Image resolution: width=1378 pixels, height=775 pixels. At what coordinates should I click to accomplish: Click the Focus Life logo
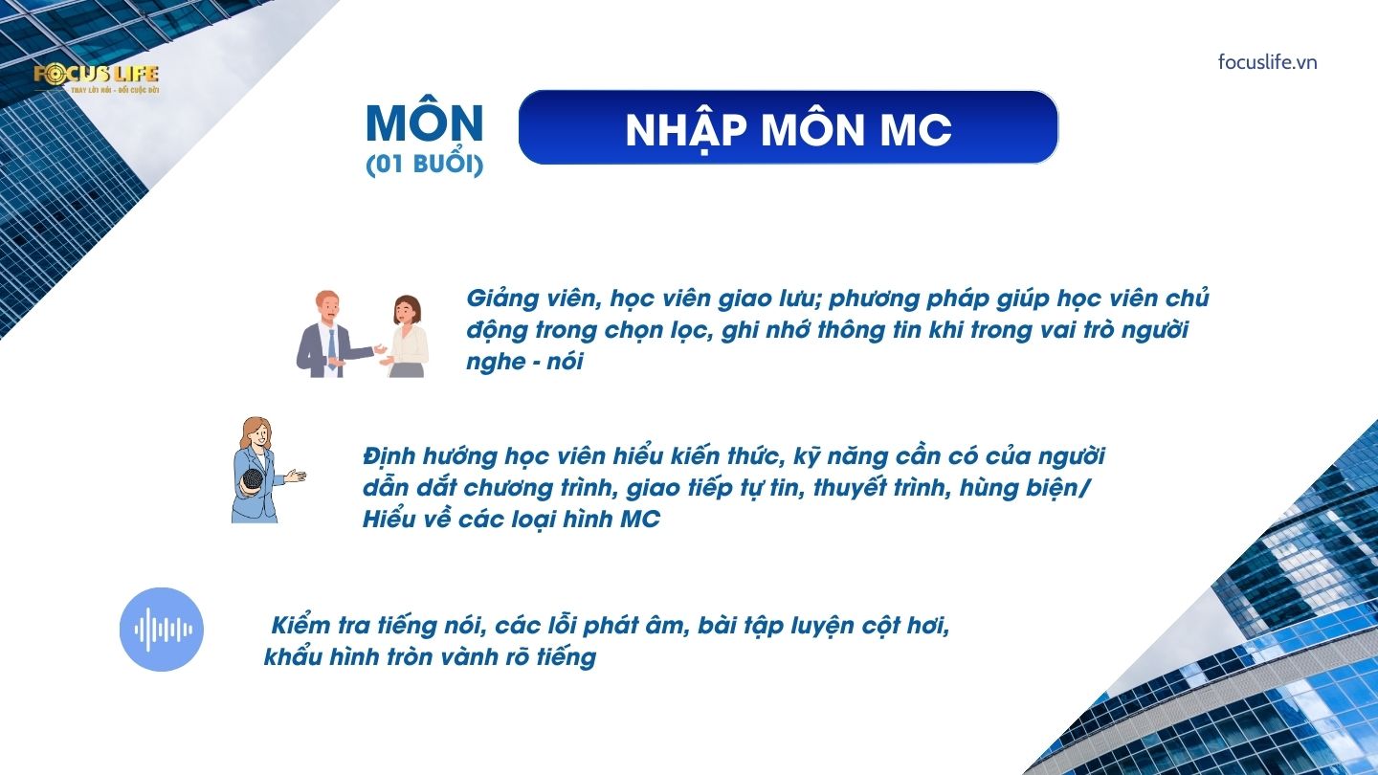click(97, 78)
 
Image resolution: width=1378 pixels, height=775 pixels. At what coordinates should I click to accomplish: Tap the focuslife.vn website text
click(1267, 62)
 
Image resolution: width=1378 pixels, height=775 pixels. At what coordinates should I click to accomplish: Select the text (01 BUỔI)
click(425, 164)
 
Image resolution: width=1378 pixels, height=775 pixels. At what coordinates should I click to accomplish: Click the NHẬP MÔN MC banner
click(789, 127)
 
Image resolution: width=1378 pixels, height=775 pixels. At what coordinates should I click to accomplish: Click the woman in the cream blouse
click(406, 337)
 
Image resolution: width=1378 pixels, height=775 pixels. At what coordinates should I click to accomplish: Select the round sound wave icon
click(162, 630)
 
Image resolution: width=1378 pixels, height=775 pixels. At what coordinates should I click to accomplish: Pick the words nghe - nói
click(524, 362)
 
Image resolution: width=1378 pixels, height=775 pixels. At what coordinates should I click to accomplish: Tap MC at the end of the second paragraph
click(640, 520)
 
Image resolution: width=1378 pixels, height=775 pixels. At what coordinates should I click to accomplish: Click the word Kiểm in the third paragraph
click(300, 625)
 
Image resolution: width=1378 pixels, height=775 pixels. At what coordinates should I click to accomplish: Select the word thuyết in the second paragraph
click(852, 488)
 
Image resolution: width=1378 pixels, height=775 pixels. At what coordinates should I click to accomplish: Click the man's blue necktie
click(332, 348)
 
